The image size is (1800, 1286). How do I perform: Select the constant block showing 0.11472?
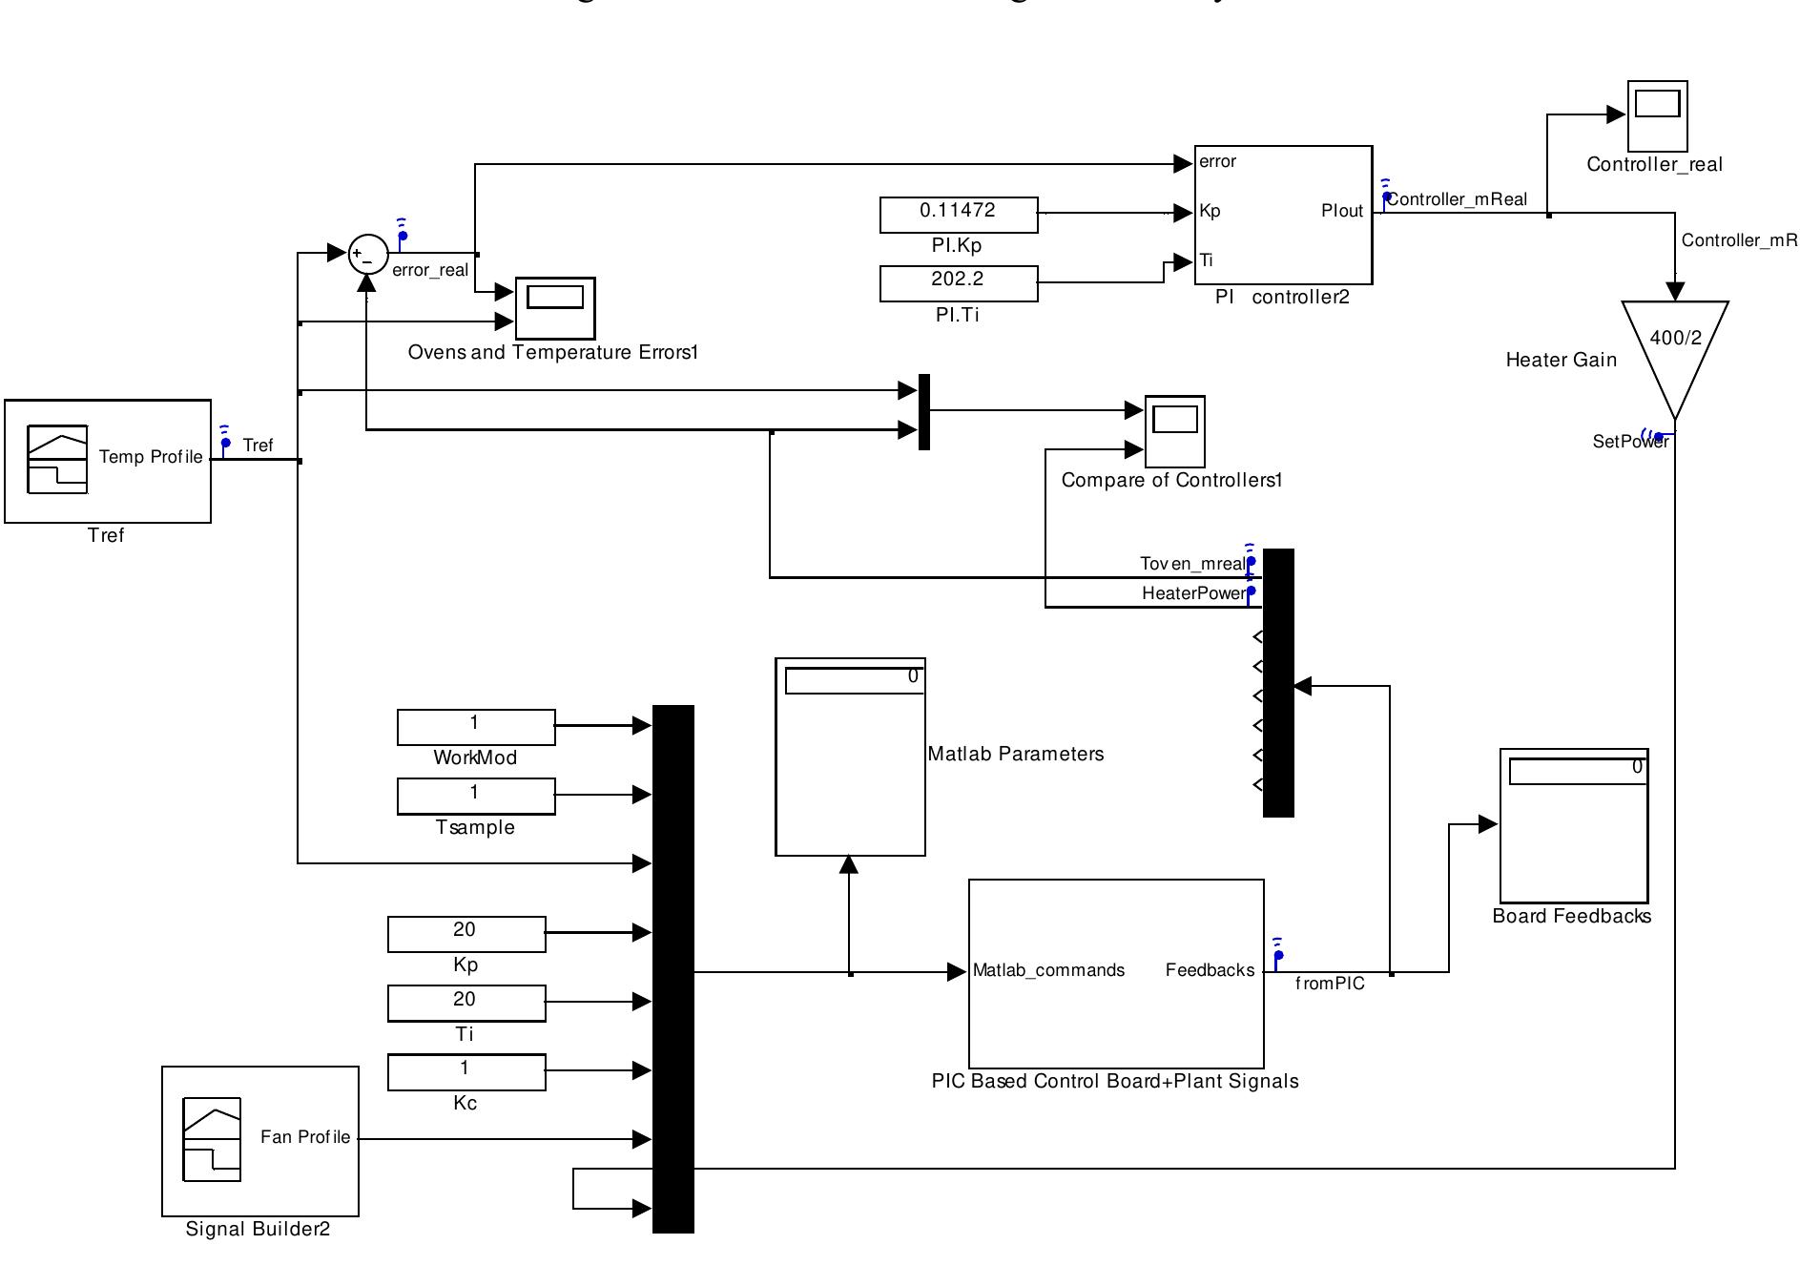click(958, 215)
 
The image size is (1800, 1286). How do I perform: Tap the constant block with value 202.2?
click(958, 283)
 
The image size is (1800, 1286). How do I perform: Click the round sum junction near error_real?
click(368, 254)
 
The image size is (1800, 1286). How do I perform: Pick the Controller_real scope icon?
click(1657, 116)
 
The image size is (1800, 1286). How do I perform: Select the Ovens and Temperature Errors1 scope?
click(555, 307)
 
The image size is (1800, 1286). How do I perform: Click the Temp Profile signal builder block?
click(108, 461)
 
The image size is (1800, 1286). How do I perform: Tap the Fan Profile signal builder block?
click(260, 1140)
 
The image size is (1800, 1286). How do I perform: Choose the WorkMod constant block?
click(475, 726)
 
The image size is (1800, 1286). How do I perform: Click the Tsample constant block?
click(475, 796)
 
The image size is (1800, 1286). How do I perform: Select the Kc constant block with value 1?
click(466, 1071)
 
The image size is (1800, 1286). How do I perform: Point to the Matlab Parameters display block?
click(850, 757)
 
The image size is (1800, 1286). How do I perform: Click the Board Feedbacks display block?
click(1574, 825)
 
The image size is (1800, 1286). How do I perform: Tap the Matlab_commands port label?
click(1048, 970)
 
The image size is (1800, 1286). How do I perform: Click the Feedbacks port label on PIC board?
click(1210, 970)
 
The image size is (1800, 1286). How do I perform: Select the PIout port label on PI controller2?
click(1341, 211)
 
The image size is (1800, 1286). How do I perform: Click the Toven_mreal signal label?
click(1191, 564)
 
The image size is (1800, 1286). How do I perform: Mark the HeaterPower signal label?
click(1193, 593)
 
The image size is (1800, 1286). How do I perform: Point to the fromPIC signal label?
click(1330, 984)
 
